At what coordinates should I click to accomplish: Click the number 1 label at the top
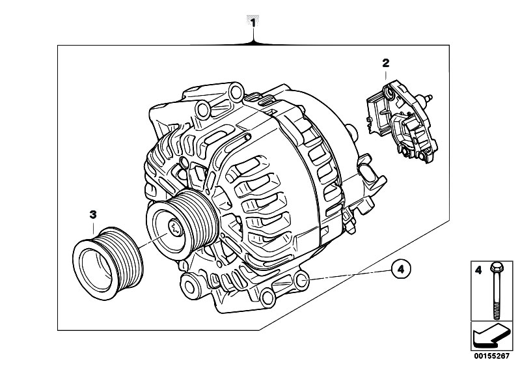253,23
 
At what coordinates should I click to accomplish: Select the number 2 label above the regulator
386,63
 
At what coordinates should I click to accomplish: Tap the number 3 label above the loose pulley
93,215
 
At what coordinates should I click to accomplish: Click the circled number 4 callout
401,269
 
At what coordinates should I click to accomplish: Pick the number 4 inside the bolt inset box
478,270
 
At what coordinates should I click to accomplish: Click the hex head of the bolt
496,266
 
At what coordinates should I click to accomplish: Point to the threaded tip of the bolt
497,313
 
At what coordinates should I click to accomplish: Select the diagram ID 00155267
491,356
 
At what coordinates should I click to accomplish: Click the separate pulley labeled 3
108,263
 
